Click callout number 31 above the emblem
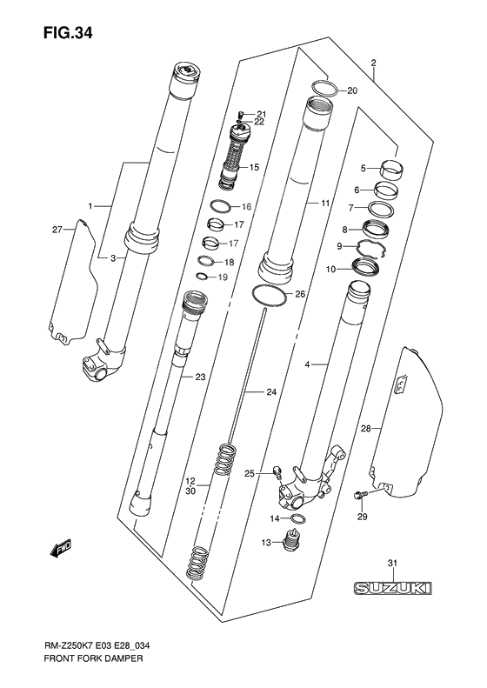pyautogui.click(x=392, y=564)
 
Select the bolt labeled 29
pyautogui.click(x=359, y=497)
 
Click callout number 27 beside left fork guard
pyautogui.click(x=57, y=230)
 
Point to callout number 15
pyautogui.click(x=255, y=167)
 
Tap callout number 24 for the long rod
pyautogui.click(x=271, y=393)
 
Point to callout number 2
pyautogui.click(x=372, y=63)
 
